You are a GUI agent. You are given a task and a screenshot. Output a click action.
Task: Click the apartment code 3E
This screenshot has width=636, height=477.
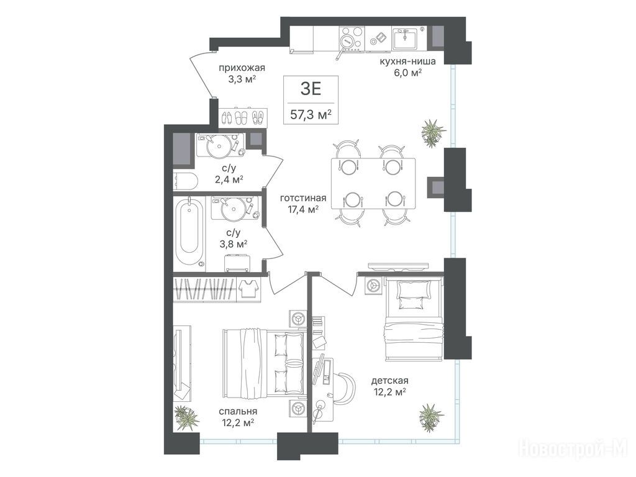coord(311,88)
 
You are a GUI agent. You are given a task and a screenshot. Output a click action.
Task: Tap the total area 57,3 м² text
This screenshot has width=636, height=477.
coord(311,115)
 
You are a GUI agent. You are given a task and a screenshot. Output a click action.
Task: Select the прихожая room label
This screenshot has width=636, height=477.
coord(242,68)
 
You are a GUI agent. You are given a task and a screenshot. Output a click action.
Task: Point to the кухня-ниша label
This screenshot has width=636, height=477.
coord(407,61)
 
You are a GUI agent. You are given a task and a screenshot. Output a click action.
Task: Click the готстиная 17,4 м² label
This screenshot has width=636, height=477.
coord(303,204)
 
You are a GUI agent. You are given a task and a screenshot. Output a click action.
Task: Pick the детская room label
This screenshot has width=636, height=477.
coord(390,381)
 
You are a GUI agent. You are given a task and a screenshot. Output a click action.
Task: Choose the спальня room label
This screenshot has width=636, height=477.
coord(239,411)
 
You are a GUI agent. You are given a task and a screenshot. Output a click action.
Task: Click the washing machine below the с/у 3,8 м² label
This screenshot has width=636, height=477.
coord(237,263)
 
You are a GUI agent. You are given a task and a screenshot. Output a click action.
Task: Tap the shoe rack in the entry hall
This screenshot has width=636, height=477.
coord(243,117)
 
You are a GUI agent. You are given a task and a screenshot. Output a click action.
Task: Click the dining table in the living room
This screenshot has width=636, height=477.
coord(373,183)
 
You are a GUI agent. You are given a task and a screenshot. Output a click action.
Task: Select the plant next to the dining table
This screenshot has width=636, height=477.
coord(433,132)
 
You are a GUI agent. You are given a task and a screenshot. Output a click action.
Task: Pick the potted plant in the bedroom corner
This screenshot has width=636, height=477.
coord(186,418)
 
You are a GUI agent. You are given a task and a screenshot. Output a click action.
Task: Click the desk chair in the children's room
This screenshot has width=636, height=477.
coord(345,386)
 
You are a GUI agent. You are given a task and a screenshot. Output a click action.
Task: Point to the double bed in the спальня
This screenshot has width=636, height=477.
coord(263,363)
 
